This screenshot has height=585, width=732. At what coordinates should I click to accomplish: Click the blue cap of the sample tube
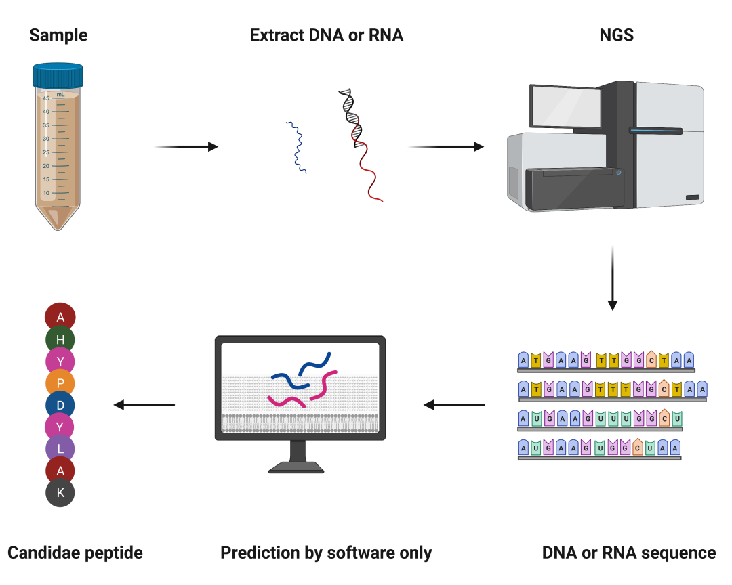58,75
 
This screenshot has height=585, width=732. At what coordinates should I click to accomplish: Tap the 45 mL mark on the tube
46,98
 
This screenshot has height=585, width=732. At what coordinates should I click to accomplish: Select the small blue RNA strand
296,148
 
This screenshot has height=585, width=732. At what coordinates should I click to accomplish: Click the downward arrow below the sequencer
612,278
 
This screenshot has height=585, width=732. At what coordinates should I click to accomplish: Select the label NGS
616,35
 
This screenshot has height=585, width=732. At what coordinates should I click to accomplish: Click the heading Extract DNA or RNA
327,35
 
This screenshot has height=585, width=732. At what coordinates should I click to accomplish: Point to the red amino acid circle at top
60,317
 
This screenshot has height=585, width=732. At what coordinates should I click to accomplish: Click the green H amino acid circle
60,339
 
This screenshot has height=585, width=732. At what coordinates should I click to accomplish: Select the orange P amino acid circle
60,383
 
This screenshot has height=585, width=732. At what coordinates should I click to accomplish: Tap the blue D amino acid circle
60,405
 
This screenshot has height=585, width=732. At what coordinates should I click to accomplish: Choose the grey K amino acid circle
60,493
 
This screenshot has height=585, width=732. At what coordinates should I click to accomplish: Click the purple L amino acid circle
60,449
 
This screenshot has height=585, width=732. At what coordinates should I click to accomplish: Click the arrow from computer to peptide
144,405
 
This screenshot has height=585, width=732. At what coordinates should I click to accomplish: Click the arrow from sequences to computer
454,405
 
